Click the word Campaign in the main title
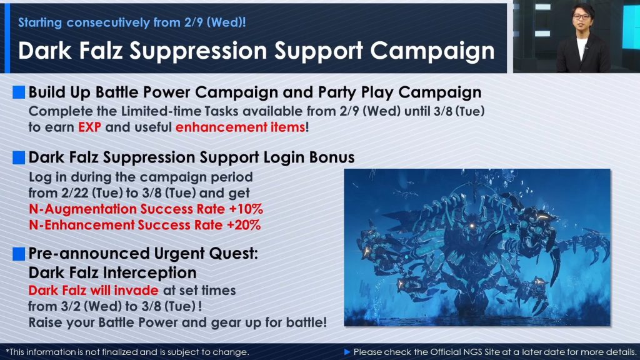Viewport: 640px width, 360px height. pos(432,51)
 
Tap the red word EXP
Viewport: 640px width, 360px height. pos(89,127)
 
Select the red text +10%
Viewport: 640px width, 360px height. pos(246,209)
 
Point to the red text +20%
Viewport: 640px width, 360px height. pos(244,225)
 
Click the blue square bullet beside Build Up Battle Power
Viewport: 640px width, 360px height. pos(19,92)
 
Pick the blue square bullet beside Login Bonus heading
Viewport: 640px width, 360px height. pos(19,157)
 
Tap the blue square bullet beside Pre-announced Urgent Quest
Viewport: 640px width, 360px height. pos(19,254)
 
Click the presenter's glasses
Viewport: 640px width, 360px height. pos(581,17)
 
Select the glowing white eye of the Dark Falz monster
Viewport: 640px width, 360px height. pos(472,226)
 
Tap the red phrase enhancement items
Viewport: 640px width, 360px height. pos(241,127)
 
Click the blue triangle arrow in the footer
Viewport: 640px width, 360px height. pos(347,352)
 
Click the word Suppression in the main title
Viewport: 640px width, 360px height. pos(198,51)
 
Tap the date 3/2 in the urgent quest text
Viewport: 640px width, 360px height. pos(71,306)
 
